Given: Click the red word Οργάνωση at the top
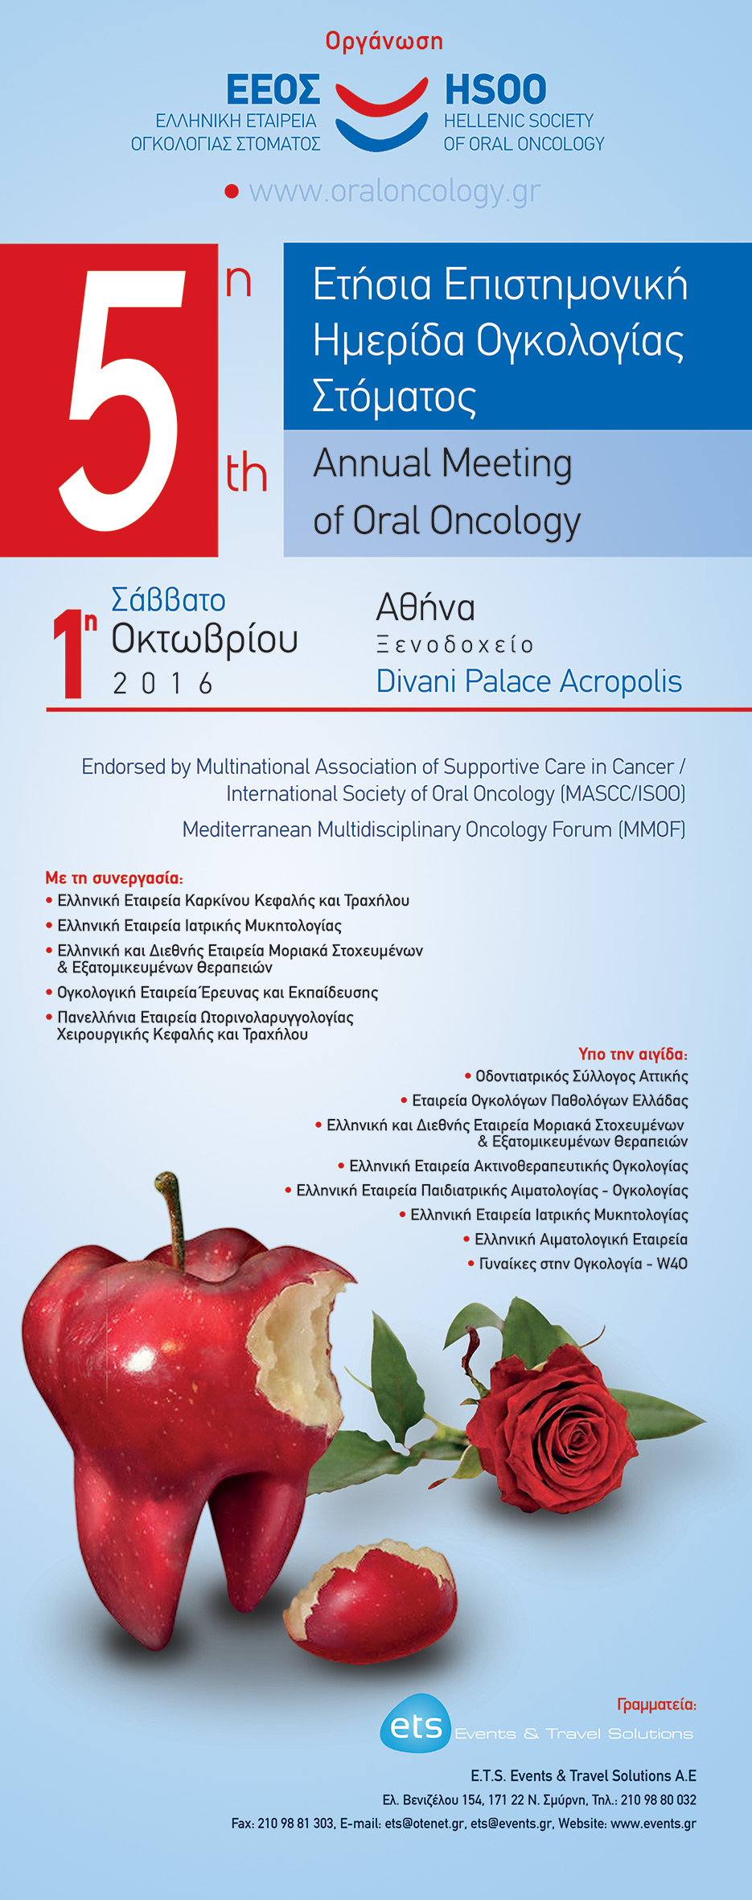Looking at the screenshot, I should (384, 41).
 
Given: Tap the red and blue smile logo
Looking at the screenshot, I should (381, 113).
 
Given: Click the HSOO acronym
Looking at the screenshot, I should (495, 89).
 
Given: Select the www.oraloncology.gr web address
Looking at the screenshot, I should (394, 191).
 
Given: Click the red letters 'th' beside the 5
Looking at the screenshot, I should (246, 472).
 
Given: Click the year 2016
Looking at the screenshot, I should (163, 684).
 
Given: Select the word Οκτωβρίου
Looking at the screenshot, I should (204, 640).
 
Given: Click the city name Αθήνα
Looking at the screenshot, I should (425, 607).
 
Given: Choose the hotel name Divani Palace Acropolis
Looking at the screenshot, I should (528, 681).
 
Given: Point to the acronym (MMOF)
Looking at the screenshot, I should (651, 829).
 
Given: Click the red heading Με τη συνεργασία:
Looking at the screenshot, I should (114, 878).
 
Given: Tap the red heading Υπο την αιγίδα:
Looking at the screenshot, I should (633, 1054).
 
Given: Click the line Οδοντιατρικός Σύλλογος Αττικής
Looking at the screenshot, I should (581, 1076).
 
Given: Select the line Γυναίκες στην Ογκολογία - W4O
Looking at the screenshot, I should (582, 1264).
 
